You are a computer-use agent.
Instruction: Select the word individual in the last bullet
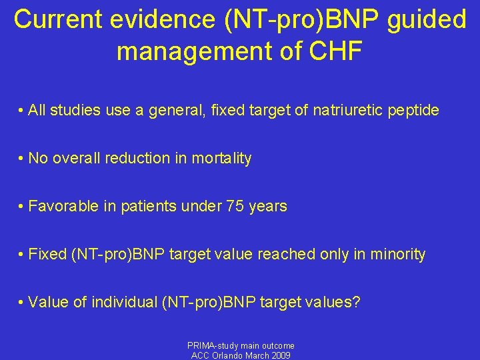tap(126, 302)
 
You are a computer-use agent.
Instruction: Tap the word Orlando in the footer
tap(231, 355)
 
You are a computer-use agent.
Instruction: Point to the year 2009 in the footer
tap(281, 355)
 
